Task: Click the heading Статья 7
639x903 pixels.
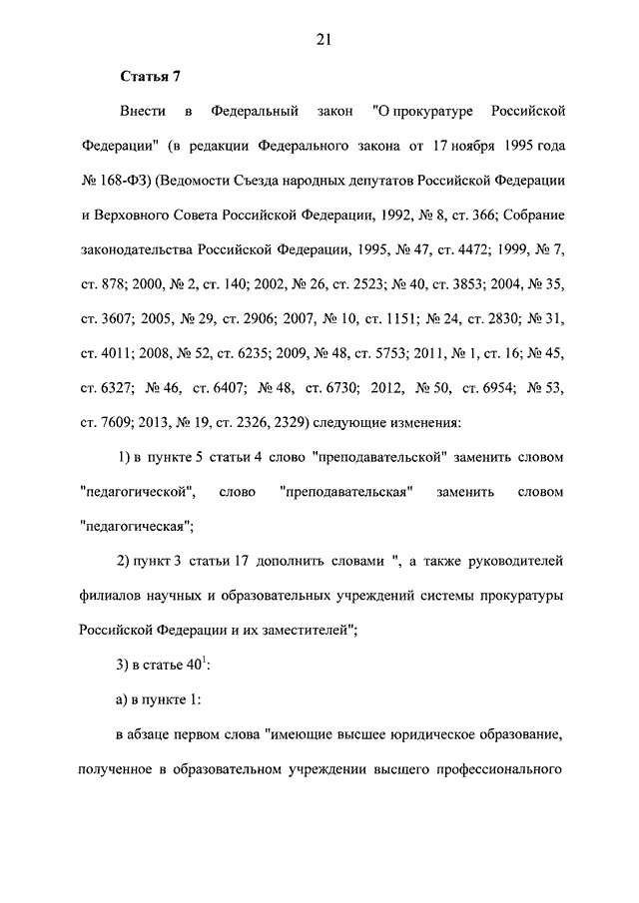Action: (150, 76)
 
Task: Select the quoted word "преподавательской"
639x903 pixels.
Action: (377, 457)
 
